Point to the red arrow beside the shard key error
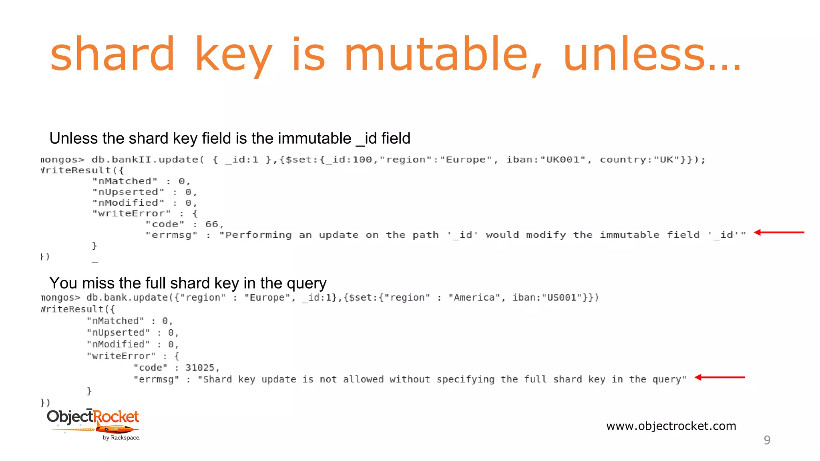720,377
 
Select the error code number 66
211,224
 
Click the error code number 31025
200,367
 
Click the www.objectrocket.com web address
671,426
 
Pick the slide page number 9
767,440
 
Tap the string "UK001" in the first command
563,160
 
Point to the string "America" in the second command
474,298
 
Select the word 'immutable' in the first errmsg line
629,235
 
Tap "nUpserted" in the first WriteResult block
128,192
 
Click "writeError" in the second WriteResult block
121,356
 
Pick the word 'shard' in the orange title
113,54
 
